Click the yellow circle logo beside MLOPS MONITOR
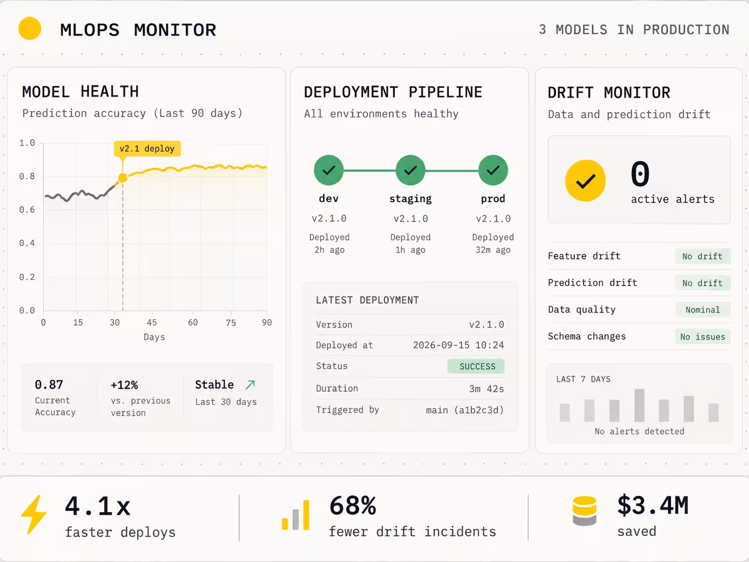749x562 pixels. pos(29,28)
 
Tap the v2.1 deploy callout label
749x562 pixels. pos(147,149)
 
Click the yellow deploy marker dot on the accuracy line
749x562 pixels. pos(123,178)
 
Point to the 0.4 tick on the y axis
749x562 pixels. pos(27,243)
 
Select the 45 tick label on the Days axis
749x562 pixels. pos(152,322)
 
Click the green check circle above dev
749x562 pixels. pos(328,170)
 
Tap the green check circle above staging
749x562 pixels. pos(411,170)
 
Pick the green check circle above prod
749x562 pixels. pos(493,170)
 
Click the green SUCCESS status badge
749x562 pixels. pos(476,366)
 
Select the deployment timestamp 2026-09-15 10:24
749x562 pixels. pos(458,345)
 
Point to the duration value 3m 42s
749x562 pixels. pos(487,389)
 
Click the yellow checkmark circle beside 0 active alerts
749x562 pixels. pos(586,181)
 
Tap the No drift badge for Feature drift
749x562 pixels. pos(702,256)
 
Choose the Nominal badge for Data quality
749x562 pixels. pos(702,310)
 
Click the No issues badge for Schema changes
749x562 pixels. pos(702,337)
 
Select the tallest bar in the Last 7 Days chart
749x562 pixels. pos(639,405)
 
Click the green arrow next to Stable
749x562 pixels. pos(250,384)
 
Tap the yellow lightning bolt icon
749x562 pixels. pos(34,514)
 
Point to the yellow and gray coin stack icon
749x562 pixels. pos(585,511)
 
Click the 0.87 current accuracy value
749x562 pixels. pos(49,384)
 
